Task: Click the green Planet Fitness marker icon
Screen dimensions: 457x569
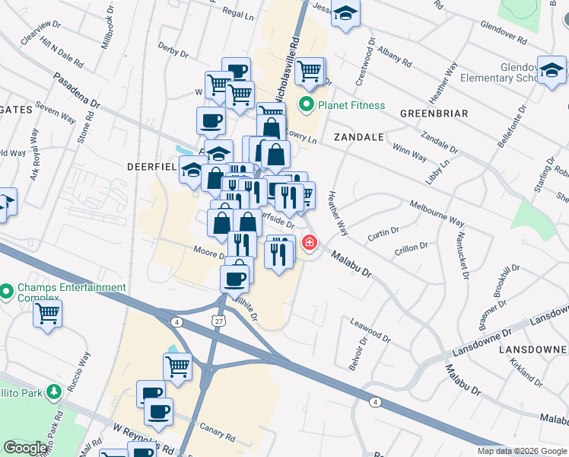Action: [x=307, y=104]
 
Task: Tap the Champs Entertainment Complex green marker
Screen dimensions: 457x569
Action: [x=7, y=292]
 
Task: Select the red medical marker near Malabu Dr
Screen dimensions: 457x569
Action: [x=309, y=243]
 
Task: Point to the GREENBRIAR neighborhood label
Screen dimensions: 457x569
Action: [x=431, y=113]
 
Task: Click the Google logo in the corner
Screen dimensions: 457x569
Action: [x=25, y=448]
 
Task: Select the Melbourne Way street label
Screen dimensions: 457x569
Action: [x=437, y=213]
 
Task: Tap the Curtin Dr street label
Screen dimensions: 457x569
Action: [x=383, y=232]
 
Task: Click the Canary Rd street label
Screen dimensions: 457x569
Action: [x=218, y=434]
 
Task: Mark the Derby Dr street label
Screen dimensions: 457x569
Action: [x=173, y=51]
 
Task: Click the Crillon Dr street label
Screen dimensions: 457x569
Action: [x=412, y=248]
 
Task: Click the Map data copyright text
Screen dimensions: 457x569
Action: [x=522, y=451]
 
